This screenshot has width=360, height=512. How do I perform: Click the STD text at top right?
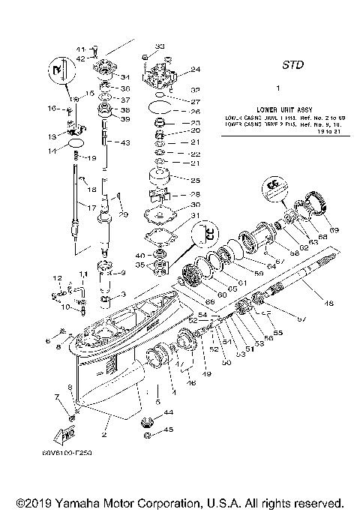tap(292, 65)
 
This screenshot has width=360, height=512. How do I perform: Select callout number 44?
tap(168, 412)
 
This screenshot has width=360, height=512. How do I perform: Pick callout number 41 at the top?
tap(82, 49)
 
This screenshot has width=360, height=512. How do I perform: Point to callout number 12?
tap(55, 278)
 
